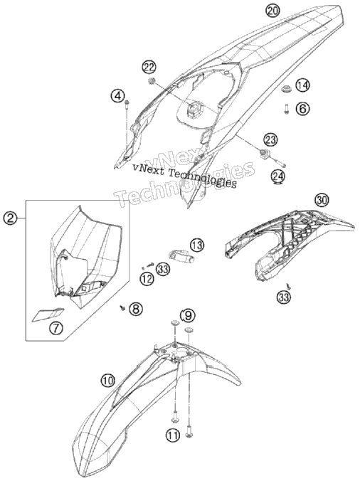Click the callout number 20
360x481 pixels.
click(x=272, y=11)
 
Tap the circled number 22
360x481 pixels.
click(x=149, y=67)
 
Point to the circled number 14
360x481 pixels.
click(x=302, y=85)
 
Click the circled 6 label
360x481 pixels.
click(x=302, y=108)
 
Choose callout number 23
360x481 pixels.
click(x=270, y=140)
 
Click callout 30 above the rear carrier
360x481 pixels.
click(x=322, y=201)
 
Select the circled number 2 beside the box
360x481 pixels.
click(x=10, y=218)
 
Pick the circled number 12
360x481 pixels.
click(x=147, y=278)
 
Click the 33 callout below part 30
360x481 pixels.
click(x=283, y=297)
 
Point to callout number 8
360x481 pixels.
click(x=136, y=309)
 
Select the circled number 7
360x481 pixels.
click(x=56, y=328)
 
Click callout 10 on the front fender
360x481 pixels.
click(x=107, y=381)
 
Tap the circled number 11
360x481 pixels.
click(x=173, y=435)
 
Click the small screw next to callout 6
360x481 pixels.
click(x=286, y=109)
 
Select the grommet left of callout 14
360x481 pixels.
click(x=286, y=89)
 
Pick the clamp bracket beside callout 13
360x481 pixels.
click(x=181, y=256)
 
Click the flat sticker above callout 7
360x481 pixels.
click(x=48, y=314)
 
